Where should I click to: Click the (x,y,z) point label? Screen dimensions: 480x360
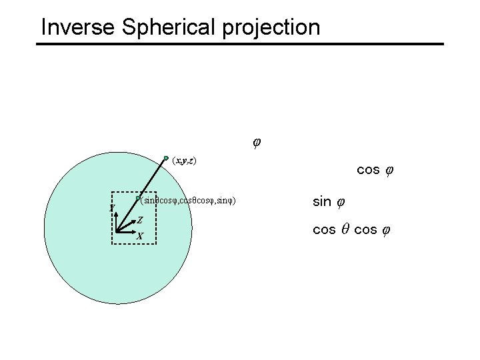point(183,161)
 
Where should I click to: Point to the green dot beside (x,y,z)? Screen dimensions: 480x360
point(166,159)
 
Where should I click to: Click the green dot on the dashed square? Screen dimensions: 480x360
point(137,199)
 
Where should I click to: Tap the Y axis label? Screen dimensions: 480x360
point(113,208)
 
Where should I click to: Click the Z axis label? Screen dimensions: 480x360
point(140,220)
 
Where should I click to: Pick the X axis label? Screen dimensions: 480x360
point(139,236)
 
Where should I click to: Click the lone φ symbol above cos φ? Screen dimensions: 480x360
point(257,141)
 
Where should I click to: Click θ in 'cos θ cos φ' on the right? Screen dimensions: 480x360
point(345,230)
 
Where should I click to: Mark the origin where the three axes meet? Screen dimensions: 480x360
point(117,232)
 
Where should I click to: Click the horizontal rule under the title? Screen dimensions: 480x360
point(239,44)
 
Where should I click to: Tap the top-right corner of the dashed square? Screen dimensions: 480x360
point(155,193)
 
